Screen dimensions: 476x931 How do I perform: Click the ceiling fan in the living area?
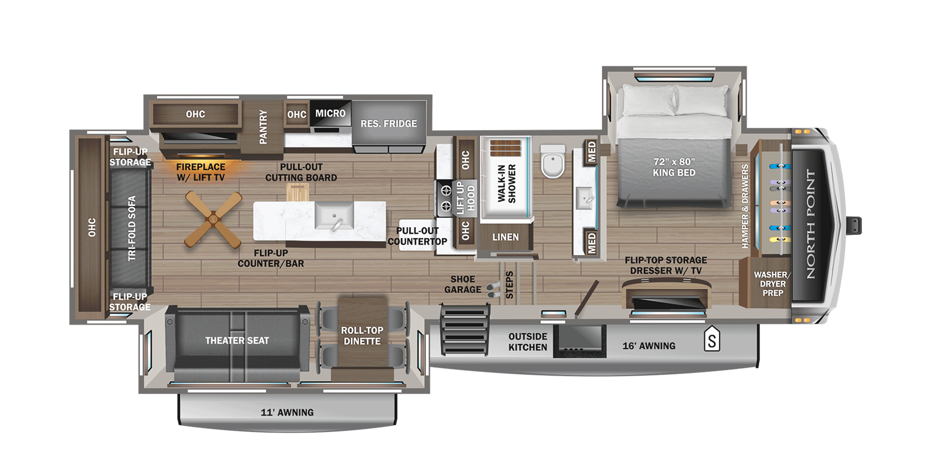click(213, 219)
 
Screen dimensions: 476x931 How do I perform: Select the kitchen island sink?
click(334, 216)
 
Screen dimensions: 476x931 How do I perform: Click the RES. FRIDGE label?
click(388, 124)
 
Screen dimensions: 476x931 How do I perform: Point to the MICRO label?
click(330, 113)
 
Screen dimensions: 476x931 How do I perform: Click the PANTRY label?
click(263, 127)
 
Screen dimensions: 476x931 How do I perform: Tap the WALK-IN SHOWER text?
click(506, 184)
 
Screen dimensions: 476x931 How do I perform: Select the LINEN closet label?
click(505, 237)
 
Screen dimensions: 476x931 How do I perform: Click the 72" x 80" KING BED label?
click(674, 167)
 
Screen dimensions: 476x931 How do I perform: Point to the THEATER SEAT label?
click(237, 340)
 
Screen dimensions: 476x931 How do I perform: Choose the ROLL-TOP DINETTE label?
click(362, 336)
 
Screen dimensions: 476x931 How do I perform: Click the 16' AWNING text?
click(649, 346)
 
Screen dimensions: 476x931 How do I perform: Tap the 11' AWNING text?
click(287, 412)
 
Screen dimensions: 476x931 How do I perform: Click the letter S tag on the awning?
click(712, 340)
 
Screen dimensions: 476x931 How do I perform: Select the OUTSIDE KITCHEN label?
click(528, 342)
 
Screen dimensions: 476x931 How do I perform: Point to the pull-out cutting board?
click(297, 192)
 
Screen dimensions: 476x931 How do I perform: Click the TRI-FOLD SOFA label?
click(132, 228)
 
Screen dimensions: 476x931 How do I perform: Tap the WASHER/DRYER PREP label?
click(772, 284)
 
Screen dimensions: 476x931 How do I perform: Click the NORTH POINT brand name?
click(810, 224)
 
